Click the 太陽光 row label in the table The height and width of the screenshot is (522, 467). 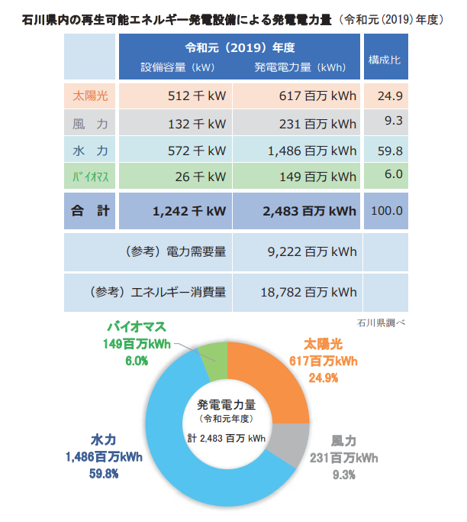tap(90, 96)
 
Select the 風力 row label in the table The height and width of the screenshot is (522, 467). tap(90, 123)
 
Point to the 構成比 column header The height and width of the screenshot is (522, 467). tap(385, 59)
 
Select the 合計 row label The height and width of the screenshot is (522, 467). tap(90, 210)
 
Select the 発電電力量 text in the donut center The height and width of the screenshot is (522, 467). tap(227, 404)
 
